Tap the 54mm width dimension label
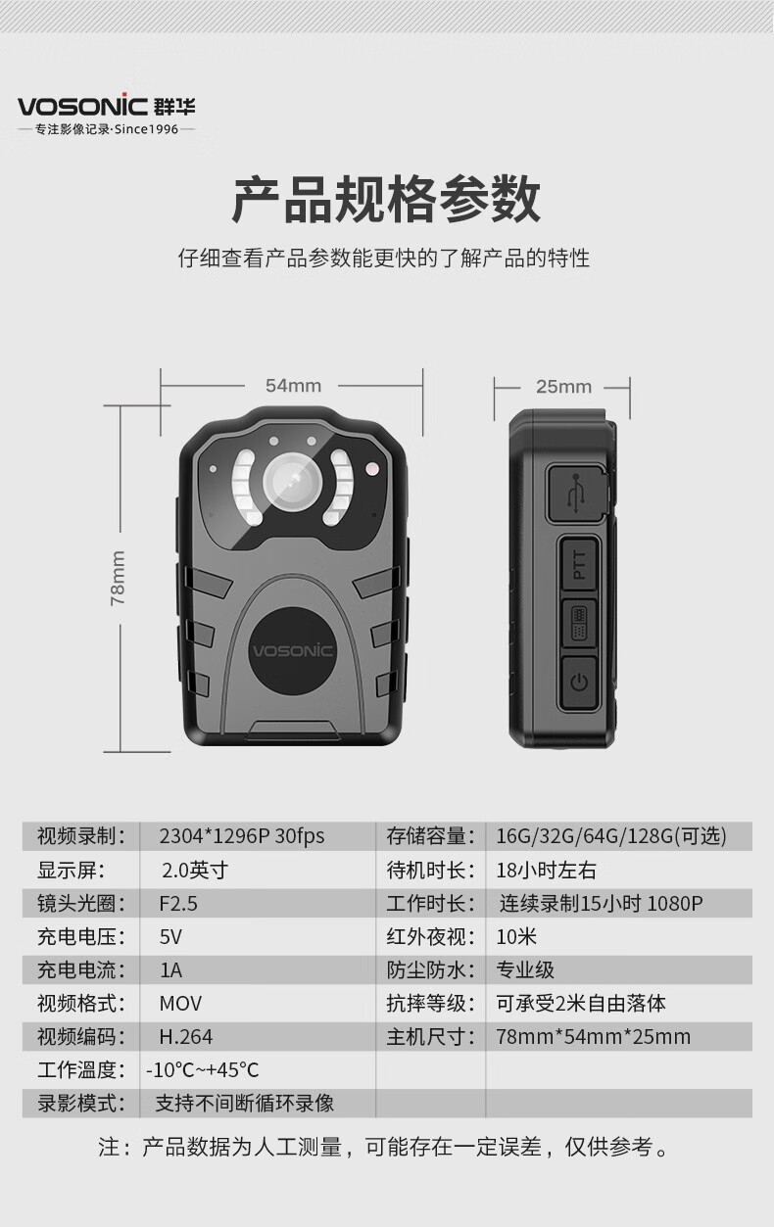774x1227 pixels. (293, 386)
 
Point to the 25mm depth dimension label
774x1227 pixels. (563, 387)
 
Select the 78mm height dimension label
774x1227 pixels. (118, 578)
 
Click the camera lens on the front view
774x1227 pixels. (292, 482)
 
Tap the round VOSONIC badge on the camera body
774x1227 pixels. (292, 651)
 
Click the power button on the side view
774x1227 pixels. (579, 682)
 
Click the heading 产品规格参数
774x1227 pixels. (386, 199)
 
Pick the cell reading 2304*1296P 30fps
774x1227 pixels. (242, 836)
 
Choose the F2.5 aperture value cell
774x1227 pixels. (178, 903)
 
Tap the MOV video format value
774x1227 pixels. (180, 1004)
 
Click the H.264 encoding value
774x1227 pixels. (186, 1037)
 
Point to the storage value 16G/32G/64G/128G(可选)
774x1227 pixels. (611, 836)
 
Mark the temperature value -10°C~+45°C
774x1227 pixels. (202, 1069)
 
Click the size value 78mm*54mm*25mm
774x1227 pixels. (593, 1037)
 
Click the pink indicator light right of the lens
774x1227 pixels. (372, 469)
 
